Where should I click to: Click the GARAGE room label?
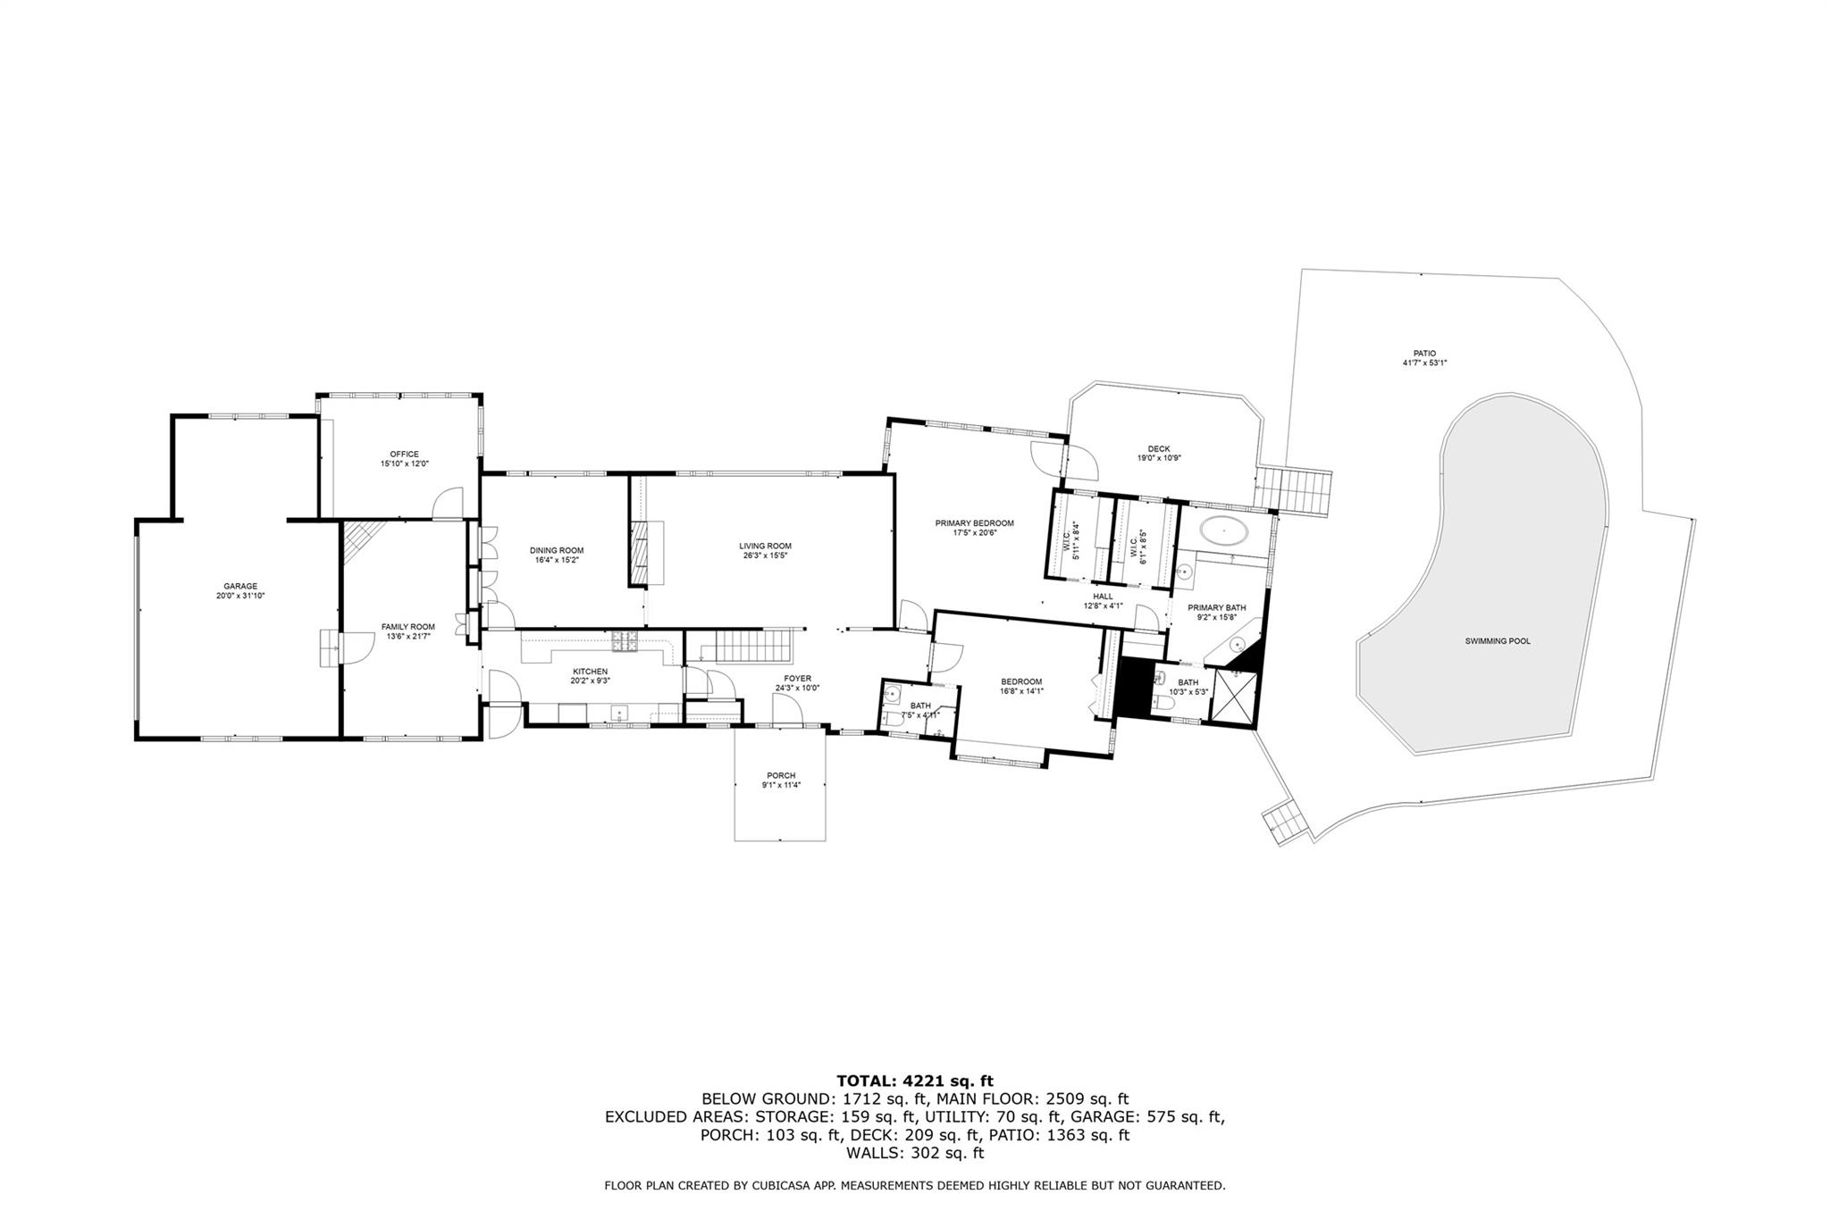coord(240,586)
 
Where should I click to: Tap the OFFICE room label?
coord(404,455)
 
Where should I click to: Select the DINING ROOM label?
coord(557,550)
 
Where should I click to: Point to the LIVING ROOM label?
coord(765,546)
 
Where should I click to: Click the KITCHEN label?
coord(590,671)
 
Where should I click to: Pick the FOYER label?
coord(797,679)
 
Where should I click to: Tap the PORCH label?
coord(781,775)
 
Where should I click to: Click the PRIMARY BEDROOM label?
coord(975,523)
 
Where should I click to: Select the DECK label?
coord(1159,449)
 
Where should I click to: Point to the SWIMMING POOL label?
coord(1498,641)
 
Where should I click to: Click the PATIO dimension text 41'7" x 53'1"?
coord(1424,363)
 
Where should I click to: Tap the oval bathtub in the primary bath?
coord(1223,531)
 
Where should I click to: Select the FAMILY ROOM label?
coord(408,627)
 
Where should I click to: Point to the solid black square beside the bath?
coord(1135,687)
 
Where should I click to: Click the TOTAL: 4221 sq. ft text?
coord(915,1081)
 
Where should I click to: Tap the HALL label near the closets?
coord(1103,596)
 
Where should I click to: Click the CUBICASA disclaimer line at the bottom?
coord(915,1186)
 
